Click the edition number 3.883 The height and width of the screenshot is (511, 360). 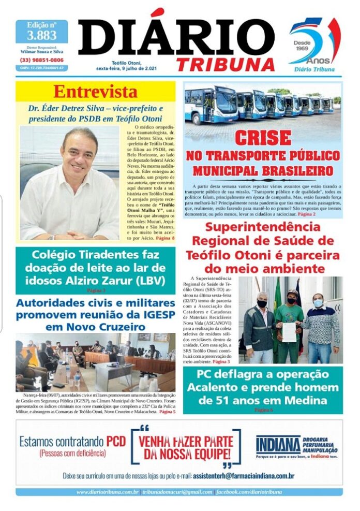click(41, 36)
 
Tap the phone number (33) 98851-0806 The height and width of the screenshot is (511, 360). click(41, 60)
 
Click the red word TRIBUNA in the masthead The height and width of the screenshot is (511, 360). click(226, 64)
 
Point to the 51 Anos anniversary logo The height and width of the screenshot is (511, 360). click(314, 45)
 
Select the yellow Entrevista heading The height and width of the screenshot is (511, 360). click(95, 92)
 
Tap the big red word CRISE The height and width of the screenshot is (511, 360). click(263, 138)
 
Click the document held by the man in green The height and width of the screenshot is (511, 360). click(289, 331)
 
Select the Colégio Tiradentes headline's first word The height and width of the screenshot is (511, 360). click(57, 255)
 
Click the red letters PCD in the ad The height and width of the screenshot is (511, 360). click(117, 442)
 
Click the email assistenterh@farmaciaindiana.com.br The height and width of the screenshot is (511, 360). click(244, 475)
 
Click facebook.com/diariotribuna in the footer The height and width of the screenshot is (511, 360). click(249, 492)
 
